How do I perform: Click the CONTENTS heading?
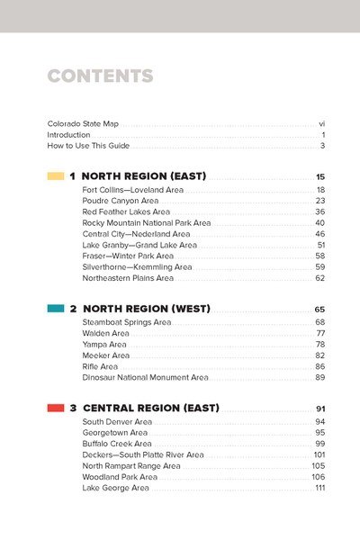point(100,76)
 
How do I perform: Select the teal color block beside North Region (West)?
point(55,308)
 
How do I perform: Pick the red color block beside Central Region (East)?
point(55,408)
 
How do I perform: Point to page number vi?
point(321,122)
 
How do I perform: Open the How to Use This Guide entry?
point(89,146)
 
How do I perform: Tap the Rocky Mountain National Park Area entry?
point(147,222)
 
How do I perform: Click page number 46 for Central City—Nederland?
point(319,234)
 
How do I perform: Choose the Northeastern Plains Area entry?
point(127,278)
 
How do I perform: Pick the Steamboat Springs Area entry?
point(126,322)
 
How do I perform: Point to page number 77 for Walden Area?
point(319,333)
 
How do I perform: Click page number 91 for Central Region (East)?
point(319,409)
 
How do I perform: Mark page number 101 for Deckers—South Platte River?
point(319,455)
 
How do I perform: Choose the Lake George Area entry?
point(115,488)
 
